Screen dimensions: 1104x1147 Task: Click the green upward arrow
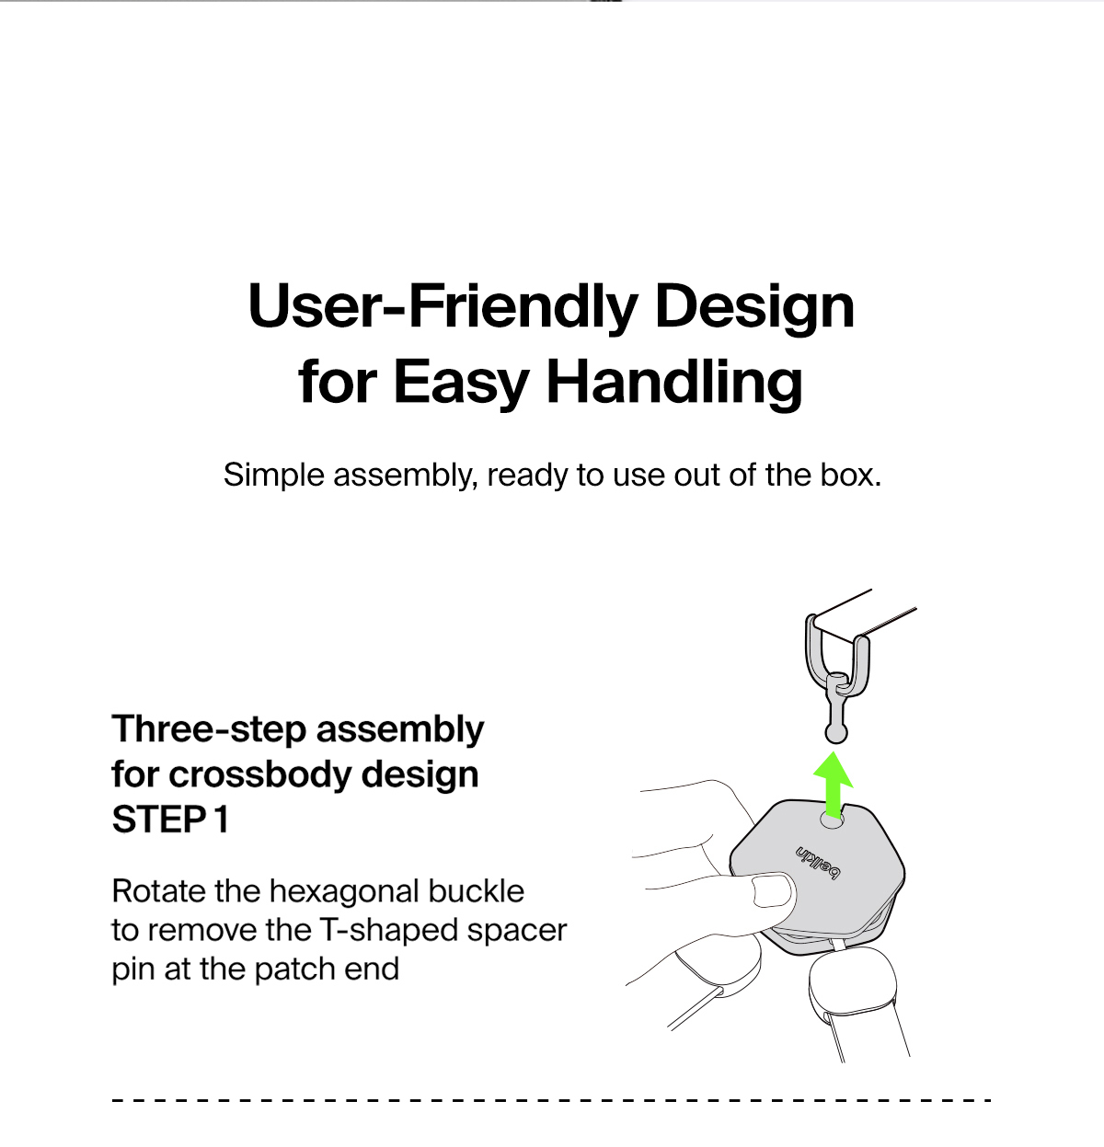833,786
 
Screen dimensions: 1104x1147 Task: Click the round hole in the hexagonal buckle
832,820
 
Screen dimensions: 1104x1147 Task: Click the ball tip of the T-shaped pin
835,734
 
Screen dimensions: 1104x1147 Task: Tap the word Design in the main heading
754,307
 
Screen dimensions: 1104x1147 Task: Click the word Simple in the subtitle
274,476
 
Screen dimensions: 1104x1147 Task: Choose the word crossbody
260,774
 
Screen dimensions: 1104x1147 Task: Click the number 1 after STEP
222,820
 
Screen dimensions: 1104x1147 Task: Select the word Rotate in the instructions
158,891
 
